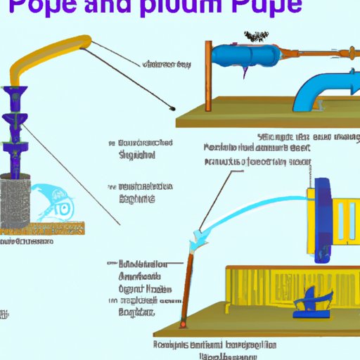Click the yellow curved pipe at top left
(x=56, y=53)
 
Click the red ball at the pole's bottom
(x=185, y=324)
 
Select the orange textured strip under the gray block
(x=42, y=229)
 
